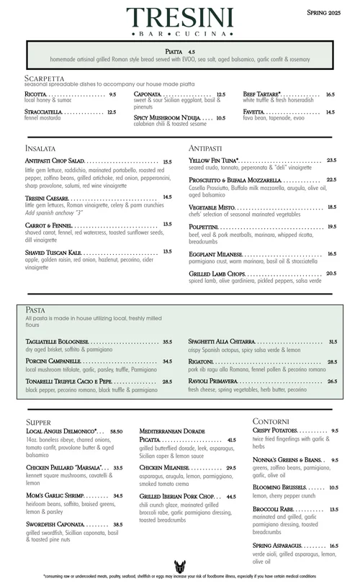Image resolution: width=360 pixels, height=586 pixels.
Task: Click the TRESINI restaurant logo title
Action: (180, 18)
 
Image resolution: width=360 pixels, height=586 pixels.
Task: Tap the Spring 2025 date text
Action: (327, 12)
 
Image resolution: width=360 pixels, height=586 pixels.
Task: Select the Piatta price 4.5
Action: (192, 53)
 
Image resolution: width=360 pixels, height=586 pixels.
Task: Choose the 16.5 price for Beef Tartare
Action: (330, 94)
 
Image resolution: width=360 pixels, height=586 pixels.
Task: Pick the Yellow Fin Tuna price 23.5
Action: (331, 161)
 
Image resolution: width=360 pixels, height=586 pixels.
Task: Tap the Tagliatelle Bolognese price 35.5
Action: (167, 342)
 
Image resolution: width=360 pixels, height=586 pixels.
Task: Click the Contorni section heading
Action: (271, 420)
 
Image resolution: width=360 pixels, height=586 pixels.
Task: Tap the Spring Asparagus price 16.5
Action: (334, 546)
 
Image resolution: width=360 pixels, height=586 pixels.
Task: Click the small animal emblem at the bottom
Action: (179, 566)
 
